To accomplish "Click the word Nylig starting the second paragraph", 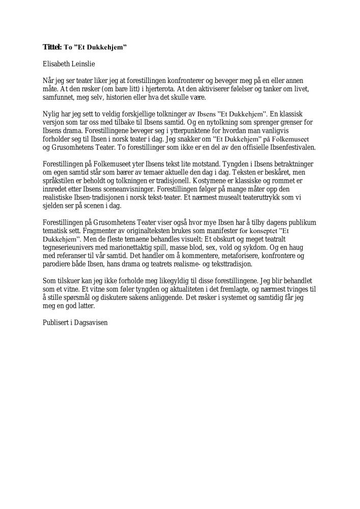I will tap(51, 114).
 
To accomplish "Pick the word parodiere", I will tap(59, 264).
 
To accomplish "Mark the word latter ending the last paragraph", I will tap(86, 306).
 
